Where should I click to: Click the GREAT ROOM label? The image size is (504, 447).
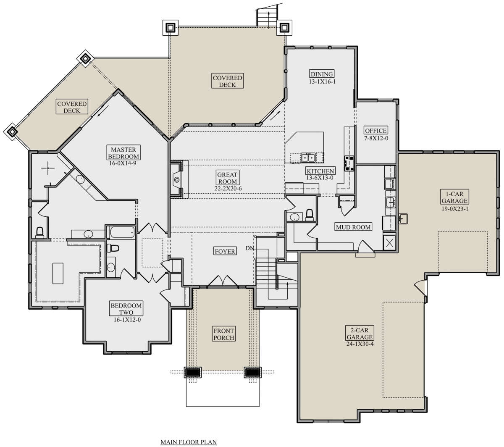click(x=227, y=178)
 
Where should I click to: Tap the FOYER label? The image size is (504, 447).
click(x=225, y=251)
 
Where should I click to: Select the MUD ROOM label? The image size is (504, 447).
click(x=353, y=227)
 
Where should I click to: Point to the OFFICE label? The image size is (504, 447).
click(x=375, y=130)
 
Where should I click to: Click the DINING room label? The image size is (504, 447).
click(x=322, y=74)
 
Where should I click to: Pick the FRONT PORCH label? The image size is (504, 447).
click(x=223, y=334)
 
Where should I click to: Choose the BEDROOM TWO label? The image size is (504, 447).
click(x=126, y=309)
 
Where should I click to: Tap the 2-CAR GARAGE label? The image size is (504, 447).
click(x=360, y=334)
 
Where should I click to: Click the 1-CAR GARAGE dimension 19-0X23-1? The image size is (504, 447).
click(x=455, y=209)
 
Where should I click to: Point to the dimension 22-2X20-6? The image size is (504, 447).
click(x=228, y=188)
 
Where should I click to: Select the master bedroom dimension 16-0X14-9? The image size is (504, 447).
click(x=123, y=163)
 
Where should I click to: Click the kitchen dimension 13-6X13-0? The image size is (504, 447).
click(x=320, y=178)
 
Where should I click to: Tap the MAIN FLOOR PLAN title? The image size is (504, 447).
click(x=189, y=442)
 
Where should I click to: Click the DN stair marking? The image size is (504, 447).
click(x=249, y=248)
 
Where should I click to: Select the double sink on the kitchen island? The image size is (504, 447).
click(x=308, y=158)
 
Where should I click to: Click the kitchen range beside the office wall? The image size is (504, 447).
click(x=349, y=163)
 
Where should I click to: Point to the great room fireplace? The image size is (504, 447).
click(x=177, y=179)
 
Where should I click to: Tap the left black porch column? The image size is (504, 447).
click(x=192, y=372)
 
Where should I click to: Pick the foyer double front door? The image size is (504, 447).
click(x=223, y=281)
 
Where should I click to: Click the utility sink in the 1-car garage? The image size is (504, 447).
click(x=403, y=219)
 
